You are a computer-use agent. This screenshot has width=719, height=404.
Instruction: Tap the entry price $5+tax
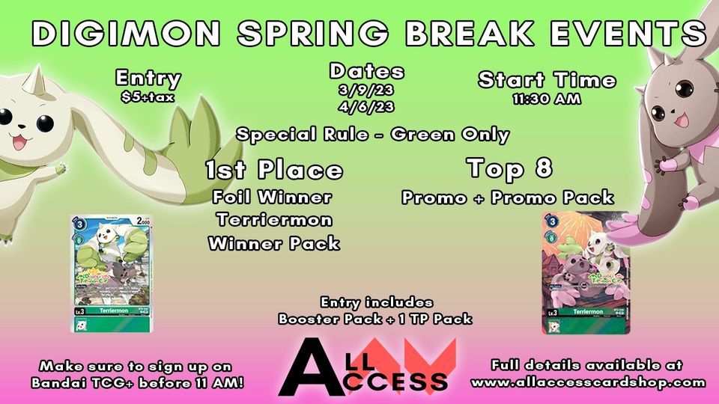[148, 97]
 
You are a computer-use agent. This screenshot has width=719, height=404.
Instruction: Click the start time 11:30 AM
[547, 98]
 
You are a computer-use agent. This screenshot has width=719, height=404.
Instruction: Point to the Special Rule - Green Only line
[372, 135]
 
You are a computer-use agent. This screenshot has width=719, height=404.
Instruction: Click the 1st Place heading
[273, 171]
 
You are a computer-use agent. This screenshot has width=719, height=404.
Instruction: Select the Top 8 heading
[509, 168]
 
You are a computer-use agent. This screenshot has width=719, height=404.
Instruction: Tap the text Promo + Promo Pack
[509, 198]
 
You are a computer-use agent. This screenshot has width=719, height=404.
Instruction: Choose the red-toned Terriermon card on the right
[582, 272]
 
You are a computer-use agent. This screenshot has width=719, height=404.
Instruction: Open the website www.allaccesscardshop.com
[588, 382]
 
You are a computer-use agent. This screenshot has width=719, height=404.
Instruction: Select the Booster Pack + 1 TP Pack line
[374, 319]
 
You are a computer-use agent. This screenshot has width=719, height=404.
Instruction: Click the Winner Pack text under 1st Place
[273, 243]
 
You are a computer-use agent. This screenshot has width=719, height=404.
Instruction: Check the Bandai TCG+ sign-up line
[136, 382]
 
